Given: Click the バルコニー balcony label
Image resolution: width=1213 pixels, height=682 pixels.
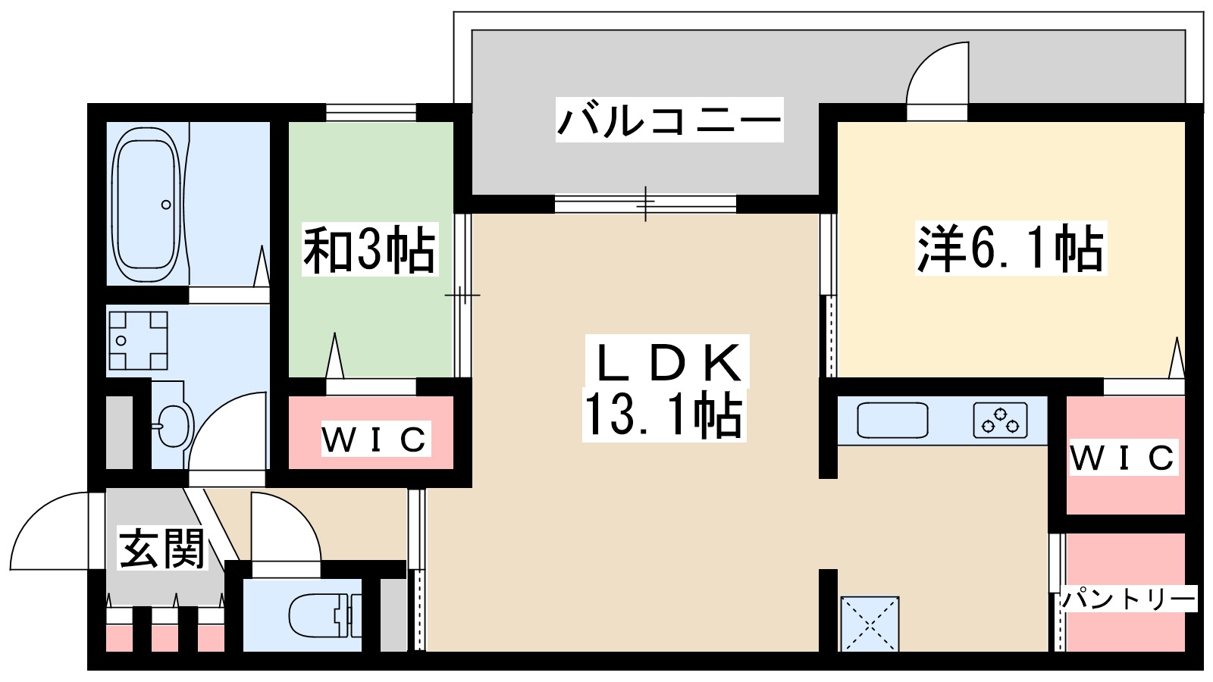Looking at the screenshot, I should tap(669, 120).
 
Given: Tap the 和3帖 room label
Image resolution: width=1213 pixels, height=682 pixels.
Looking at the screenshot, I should tap(369, 249).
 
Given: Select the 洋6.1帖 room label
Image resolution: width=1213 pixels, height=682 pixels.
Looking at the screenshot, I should tap(1010, 248).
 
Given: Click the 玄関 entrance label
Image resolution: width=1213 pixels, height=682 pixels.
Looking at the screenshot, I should tap(162, 548).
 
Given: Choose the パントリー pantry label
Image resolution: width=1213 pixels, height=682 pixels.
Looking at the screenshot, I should tap(1127, 599).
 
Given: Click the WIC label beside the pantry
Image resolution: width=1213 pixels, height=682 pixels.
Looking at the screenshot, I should tap(1123, 458).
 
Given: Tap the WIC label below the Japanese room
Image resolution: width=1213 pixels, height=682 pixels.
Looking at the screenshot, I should tap(375, 440).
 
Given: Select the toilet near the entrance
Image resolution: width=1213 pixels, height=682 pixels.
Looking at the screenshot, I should tap(319, 614).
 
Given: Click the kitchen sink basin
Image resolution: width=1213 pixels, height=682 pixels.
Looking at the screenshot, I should tap(892, 420).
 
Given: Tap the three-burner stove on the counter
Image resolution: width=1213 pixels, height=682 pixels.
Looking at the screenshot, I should tap(1000, 421).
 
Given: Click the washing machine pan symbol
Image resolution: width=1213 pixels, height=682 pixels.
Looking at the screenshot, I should tap(137, 340).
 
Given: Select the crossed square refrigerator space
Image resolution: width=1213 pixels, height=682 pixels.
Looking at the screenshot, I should tap(870, 624).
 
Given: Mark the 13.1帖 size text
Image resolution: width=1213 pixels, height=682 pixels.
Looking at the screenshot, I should tap(663, 415).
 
